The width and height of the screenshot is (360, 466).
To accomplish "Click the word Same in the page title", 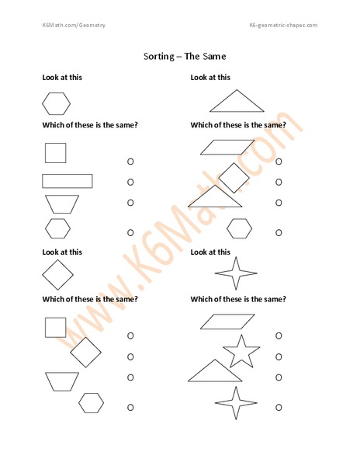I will [212, 56].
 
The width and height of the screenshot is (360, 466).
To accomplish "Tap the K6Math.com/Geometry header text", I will [74, 26].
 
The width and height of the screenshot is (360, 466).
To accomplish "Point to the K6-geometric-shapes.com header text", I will [283, 26].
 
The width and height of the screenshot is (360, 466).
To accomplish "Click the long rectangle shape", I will [67, 181].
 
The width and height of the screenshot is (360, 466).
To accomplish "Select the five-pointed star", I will [241, 351].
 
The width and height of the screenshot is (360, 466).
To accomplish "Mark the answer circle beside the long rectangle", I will [130, 182].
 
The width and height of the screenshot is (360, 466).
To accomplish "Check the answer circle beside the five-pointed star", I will [279, 356].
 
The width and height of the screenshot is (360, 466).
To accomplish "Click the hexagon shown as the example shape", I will [56, 103].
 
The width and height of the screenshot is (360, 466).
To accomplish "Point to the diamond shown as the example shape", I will [57, 275].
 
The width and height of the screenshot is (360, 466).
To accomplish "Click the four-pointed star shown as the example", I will [235, 274].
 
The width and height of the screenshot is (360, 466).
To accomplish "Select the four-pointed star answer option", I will [235, 403].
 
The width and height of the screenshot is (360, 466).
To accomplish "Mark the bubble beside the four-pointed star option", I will [279, 407].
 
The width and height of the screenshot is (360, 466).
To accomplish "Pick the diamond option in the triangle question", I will [233, 177].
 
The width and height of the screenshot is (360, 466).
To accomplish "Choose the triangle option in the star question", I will [215, 371].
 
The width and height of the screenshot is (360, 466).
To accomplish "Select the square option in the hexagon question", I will [55, 152].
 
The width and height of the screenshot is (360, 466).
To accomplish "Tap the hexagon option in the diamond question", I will [91, 402].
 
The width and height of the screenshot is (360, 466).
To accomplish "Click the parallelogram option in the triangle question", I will [227, 147].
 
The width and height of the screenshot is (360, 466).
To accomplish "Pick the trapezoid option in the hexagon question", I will [61, 203].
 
